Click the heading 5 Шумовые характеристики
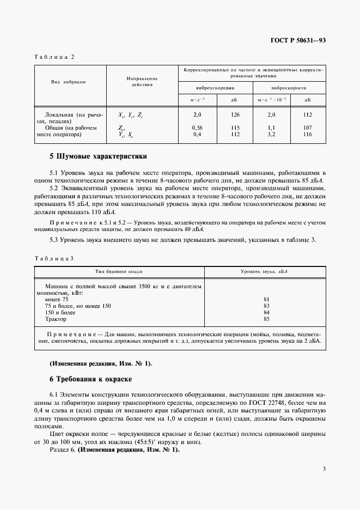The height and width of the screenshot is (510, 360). (x=98, y=156)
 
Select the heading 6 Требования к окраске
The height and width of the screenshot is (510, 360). (x=91, y=379)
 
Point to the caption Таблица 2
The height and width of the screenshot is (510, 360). (x=54, y=57)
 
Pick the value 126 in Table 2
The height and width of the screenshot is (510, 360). (x=235, y=115)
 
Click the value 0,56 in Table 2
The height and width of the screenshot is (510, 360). (x=198, y=128)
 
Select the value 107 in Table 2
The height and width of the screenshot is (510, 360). (x=307, y=128)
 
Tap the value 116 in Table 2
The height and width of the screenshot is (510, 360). (x=307, y=134)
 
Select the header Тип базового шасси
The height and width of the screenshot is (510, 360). (x=119, y=271)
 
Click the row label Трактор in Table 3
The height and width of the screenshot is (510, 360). (x=56, y=319)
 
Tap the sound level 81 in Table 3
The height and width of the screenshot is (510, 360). (x=266, y=299)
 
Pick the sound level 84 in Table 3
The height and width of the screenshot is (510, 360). (x=266, y=313)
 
